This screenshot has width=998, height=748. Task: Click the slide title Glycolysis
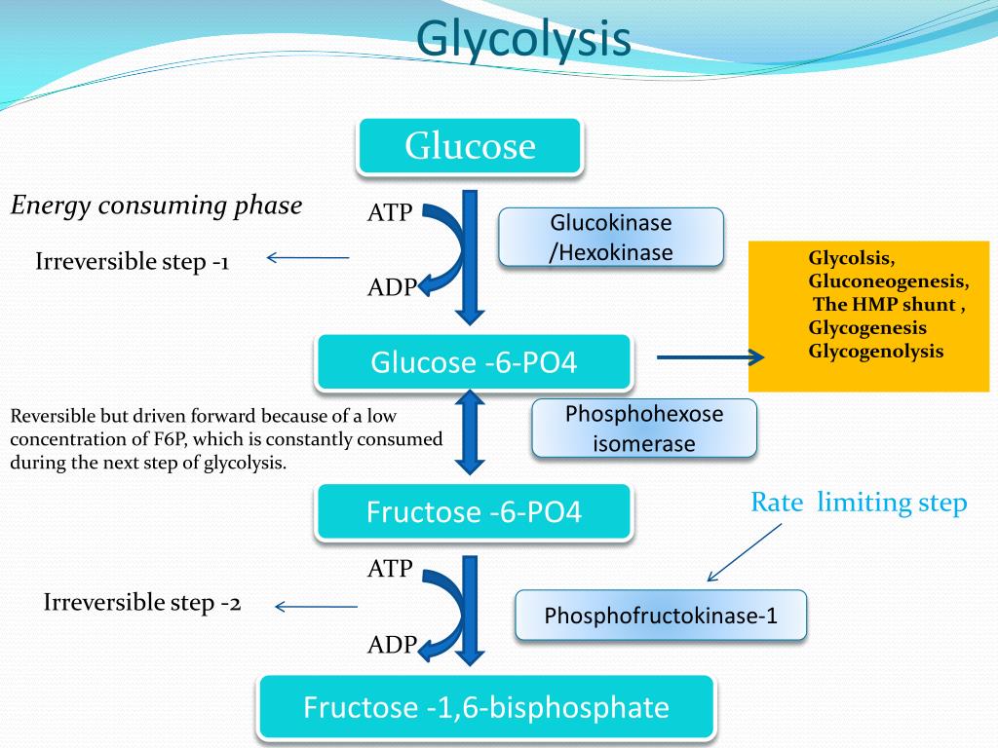coord(523,40)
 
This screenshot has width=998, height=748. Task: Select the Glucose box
coord(470,146)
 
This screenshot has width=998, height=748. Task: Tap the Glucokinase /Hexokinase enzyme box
coord(611,238)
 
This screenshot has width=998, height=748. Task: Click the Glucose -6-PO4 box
coord(475,363)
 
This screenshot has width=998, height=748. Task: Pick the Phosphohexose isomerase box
coord(644,429)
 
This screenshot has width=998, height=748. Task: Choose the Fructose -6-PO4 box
coord(475,512)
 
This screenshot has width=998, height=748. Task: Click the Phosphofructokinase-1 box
coord(661,616)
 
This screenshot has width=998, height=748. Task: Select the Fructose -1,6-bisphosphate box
coord(486,707)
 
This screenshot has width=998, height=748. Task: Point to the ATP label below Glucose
coord(390,212)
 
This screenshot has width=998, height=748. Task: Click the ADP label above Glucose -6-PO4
coord(391,287)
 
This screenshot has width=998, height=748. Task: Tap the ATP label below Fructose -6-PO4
coord(390,569)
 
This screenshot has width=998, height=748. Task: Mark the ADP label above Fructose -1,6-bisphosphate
coord(391,644)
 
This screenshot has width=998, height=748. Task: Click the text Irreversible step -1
coord(132,261)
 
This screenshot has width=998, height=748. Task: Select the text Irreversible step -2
coord(142,603)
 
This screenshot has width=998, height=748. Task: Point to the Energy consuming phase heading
coord(156,206)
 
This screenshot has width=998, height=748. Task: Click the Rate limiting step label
coord(858,503)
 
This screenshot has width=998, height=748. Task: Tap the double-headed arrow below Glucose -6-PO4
coord(471,430)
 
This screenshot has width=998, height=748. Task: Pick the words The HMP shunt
coord(885,305)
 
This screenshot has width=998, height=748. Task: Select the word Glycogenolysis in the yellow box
coord(875,352)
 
